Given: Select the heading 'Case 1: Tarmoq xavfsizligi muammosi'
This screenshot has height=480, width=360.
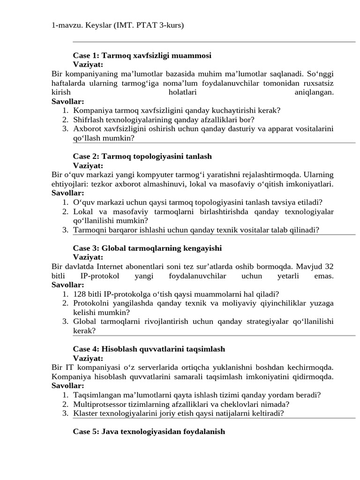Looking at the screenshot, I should point(142,55).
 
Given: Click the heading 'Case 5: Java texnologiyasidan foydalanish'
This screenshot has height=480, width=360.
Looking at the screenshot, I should point(149,431).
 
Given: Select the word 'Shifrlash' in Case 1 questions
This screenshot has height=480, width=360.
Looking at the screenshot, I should point(89,120).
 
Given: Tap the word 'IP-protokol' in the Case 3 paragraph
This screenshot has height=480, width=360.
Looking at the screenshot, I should point(99,276).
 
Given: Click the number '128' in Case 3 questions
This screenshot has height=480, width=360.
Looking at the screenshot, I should point(80,294).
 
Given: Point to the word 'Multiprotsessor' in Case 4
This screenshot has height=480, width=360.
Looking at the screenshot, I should point(98,404).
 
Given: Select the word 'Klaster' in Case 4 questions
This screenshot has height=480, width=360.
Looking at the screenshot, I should point(85,413).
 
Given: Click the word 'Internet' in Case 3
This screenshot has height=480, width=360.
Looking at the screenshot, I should point(130,267).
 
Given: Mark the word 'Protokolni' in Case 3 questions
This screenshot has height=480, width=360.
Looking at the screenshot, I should point(90,303).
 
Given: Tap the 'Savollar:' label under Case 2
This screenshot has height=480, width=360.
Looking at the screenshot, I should point(68,193).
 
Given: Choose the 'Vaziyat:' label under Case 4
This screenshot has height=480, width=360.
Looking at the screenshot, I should point(88,358).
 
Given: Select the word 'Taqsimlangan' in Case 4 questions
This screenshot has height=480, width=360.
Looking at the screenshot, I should point(96,395).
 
